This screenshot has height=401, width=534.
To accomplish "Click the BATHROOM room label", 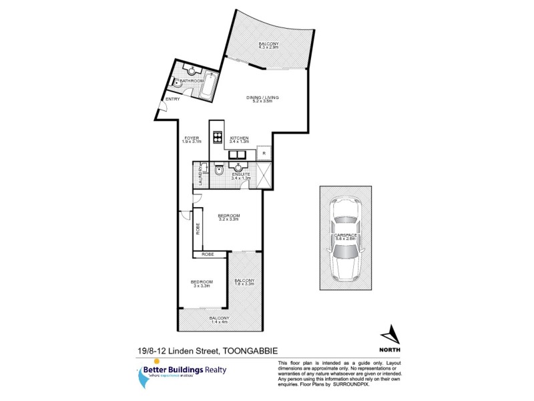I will (x=192, y=81).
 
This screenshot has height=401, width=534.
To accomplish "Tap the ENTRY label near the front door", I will (x=173, y=100).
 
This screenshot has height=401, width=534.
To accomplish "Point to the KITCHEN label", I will (x=239, y=138).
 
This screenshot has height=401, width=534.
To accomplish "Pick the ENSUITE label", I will (x=240, y=175).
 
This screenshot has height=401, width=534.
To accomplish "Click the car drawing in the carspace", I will (x=346, y=238).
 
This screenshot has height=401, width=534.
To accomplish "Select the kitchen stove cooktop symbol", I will (x=217, y=138).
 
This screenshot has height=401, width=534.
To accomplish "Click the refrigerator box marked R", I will (x=264, y=154).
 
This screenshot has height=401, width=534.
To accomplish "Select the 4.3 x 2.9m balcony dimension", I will (x=268, y=48).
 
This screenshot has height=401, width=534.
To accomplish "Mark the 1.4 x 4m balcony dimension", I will (x=219, y=322).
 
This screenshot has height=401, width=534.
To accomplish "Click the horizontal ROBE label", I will (x=203, y=255).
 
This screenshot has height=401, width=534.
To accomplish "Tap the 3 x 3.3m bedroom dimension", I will (x=202, y=286).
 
